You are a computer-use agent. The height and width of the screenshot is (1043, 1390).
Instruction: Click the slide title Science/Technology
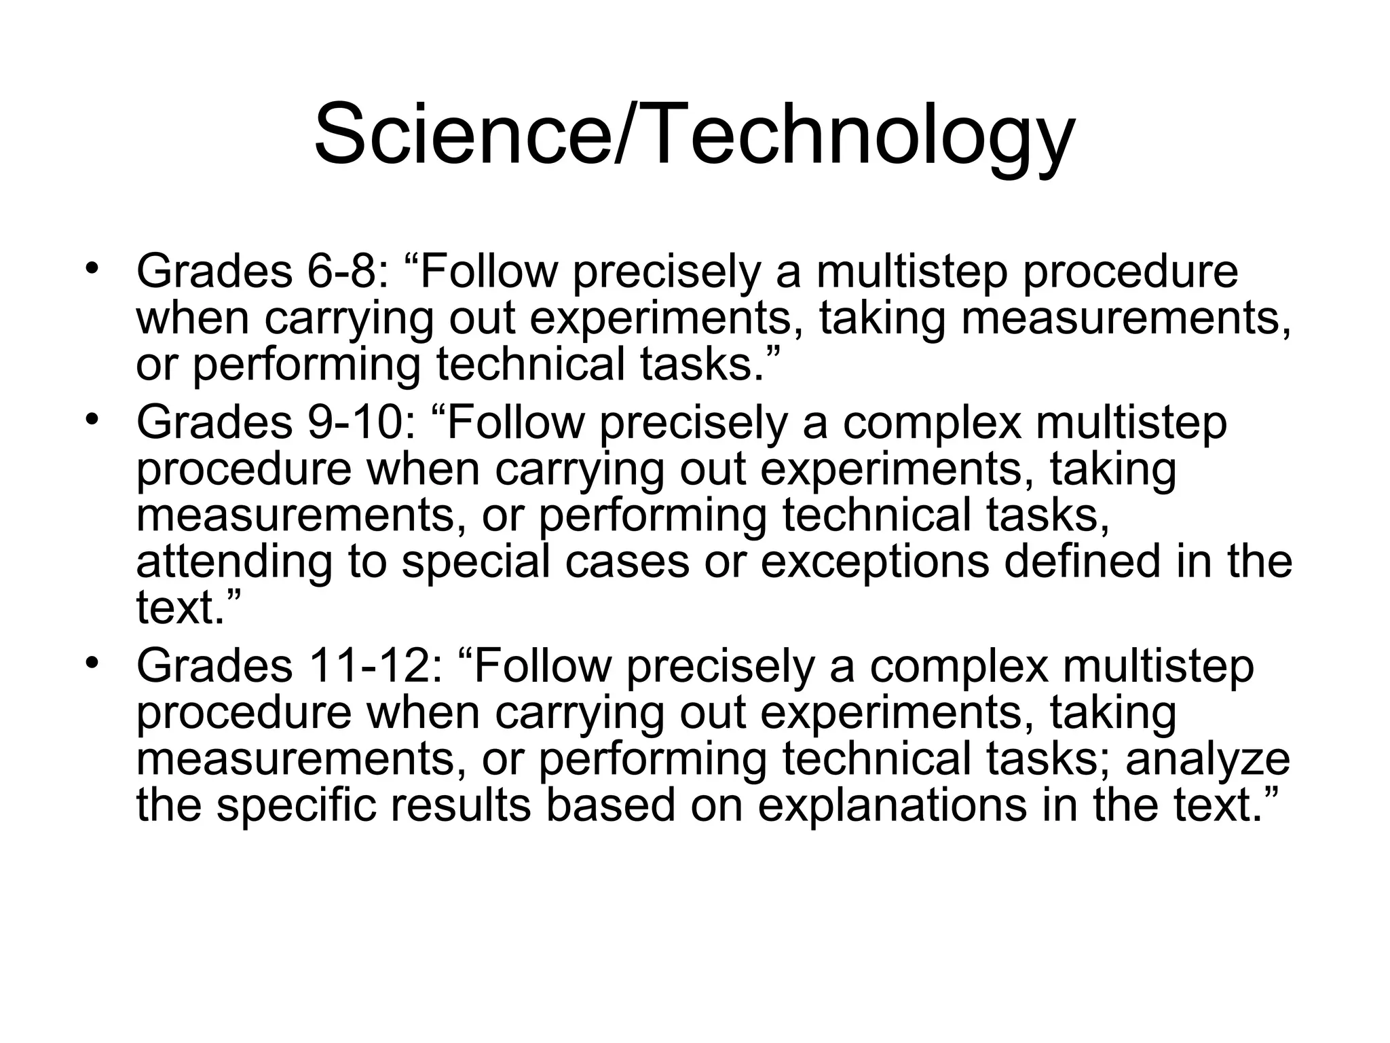(x=694, y=136)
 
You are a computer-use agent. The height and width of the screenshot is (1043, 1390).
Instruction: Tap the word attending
(x=234, y=564)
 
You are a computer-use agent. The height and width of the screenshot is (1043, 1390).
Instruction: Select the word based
(x=611, y=805)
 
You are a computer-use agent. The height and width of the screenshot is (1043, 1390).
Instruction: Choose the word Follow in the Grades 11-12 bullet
(x=543, y=667)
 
